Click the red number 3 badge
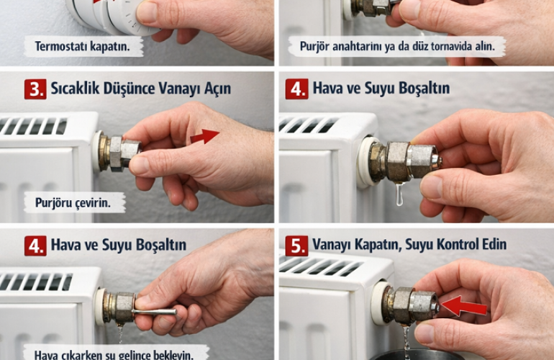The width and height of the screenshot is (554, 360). [35, 89]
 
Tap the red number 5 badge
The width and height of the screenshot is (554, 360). [296, 245]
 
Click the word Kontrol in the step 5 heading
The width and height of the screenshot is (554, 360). [455, 245]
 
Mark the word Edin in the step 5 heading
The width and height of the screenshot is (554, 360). [494, 245]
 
